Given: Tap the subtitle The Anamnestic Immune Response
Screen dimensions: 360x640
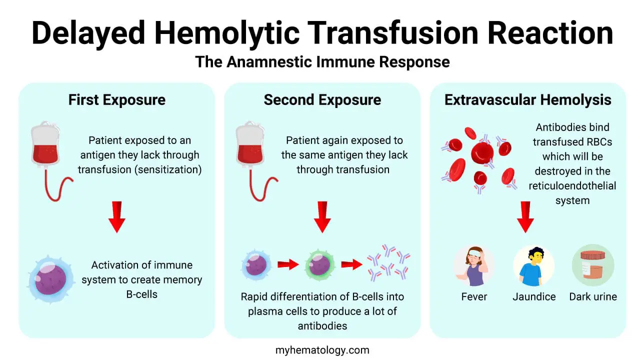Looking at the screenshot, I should [x=322, y=61].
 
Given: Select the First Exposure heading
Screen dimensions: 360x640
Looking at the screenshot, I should [x=116, y=99].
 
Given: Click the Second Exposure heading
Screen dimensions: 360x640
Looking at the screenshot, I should [x=322, y=99].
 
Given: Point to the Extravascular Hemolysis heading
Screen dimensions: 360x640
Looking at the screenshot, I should [x=527, y=99].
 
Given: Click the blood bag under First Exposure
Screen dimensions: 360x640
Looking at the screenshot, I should [x=47, y=150].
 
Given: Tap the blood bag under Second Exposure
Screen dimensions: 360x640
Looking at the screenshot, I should [x=251, y=150].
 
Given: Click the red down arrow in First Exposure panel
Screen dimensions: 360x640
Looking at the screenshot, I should [x=116, y=216].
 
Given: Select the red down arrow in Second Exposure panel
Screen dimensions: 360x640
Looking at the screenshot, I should [x=322, y=216].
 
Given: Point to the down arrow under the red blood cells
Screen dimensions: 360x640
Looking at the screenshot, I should [x=525, y=216].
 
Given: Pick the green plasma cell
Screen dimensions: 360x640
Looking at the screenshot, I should [x=318, y=265].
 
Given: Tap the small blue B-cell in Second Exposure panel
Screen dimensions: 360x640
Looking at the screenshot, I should [x=256, y=265].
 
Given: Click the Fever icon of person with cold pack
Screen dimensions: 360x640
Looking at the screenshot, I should [x=473, y=265].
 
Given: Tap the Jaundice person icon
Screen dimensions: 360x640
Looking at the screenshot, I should [x=533, y=265].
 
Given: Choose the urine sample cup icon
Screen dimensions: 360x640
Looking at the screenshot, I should [x=593, y=265].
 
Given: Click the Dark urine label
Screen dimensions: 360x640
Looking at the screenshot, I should [x=593, y=296].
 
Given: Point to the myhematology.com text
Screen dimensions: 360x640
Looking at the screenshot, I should [x=322, y=350].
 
